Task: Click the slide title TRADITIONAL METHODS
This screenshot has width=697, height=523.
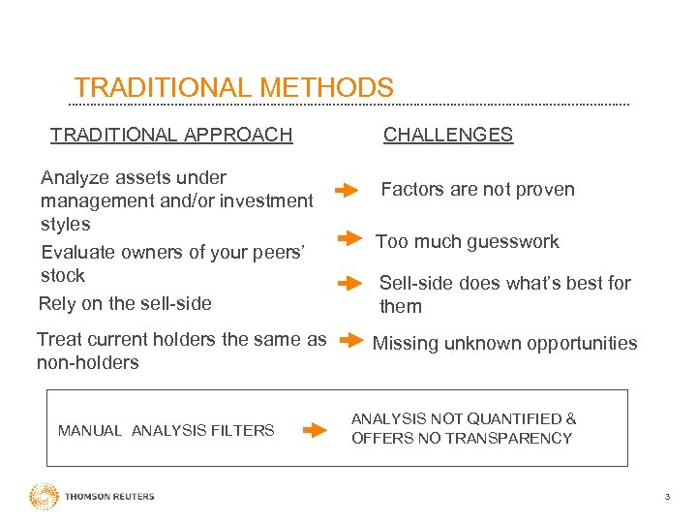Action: pyautogui.click(x=233, y=88)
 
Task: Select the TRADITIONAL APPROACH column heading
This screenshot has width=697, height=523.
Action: pyautogui.click(x=170, y=135)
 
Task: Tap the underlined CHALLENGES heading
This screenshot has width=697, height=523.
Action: pyautogui.click(x=447, y=135)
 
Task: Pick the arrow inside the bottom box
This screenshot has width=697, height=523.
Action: pyautogui.click(x=315, y=430)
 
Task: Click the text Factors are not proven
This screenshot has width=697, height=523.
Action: pyautogui.click(x=477, y=190)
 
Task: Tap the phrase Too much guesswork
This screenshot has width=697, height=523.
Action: pyautogui.click(x=467, y=241)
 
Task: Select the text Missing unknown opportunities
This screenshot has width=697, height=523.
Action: pyautogui.click(x=504, y=343)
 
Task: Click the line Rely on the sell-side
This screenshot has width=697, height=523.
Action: pyautogui.click(x=124, y=303)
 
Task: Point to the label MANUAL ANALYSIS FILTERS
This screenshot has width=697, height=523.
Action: pyautogui.click(x=166, y=430)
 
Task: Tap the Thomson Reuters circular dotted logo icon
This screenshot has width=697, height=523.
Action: pyautogui.click(x=44, y=496)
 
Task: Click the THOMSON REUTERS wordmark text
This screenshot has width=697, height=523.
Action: pyautogui.click(x=109, y=497)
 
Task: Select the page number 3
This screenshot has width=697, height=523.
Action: pyautogui.click(x=666, y=497)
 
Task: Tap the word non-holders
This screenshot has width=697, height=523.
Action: pyautogui.click(x=87, y=363)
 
